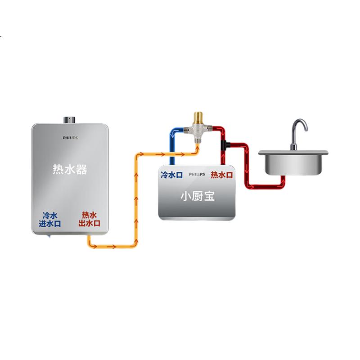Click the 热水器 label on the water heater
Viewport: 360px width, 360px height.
(x=70, y=170)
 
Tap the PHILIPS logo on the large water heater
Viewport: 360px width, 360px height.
(x=70, y=138)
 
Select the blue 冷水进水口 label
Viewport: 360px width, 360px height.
(x=50, y=220)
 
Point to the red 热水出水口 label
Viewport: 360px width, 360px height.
(x=89, y=219)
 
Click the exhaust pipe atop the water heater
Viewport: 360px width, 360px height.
(x=69, y=120)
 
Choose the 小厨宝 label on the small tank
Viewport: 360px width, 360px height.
(x=198, y=196)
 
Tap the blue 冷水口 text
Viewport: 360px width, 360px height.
(x=172, y=175)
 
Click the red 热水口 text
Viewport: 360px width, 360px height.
(x=222, y=175)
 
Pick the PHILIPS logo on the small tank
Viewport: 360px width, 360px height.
(x=197, y=174)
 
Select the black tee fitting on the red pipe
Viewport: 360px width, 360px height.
(x=225, y=145)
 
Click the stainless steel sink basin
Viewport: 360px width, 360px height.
(x=293, y=162)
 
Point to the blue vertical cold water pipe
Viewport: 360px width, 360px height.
(x=172, y=149)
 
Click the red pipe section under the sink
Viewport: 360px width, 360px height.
(x=266, y=186)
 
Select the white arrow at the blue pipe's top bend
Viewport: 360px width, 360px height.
(x=174, y=132)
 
